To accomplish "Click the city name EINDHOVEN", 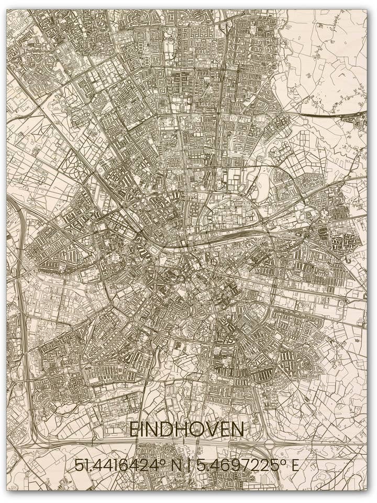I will point(186,430).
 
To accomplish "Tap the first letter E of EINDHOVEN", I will point(134,430).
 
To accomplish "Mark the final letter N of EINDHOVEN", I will point(238,430).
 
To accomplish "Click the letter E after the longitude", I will point(295,465).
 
